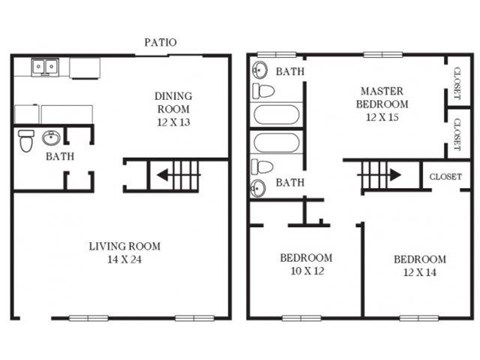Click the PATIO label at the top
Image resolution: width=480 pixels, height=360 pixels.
coord(159,43)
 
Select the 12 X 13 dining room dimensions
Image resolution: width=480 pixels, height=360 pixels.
coord(173,122)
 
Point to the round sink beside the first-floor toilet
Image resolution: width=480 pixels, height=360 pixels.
coord(52,137)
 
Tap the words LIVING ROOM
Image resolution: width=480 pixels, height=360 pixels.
coord(124,246)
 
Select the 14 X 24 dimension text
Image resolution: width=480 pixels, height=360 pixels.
coord(124,260)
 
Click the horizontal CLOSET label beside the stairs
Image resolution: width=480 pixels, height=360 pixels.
coord(444,176)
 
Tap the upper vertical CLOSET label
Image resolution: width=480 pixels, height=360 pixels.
coord(457,85)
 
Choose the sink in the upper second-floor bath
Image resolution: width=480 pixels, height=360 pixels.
coord(259,70)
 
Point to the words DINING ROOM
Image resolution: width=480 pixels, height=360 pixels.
coord(173,102)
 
